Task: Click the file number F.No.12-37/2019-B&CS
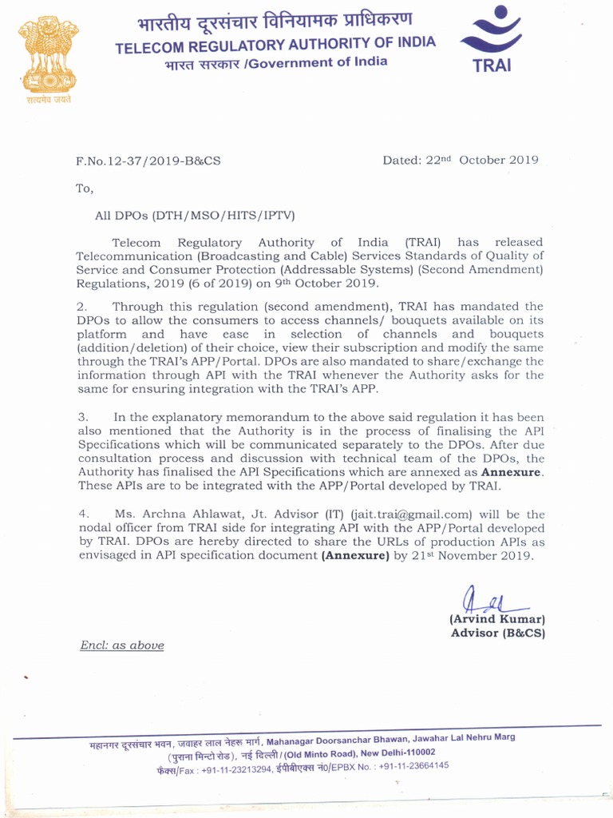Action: click(148, 161)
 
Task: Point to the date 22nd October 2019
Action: click(460, 160)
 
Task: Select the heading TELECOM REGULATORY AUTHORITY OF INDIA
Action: click(275, 46)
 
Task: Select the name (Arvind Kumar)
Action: click(496, 619)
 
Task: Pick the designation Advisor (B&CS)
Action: click(498, 633)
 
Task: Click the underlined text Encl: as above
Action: click(121, 645)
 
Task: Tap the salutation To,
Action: click(85, 189)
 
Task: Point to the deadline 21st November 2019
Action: click(472, 556)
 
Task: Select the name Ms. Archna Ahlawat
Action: click(174, 514)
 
